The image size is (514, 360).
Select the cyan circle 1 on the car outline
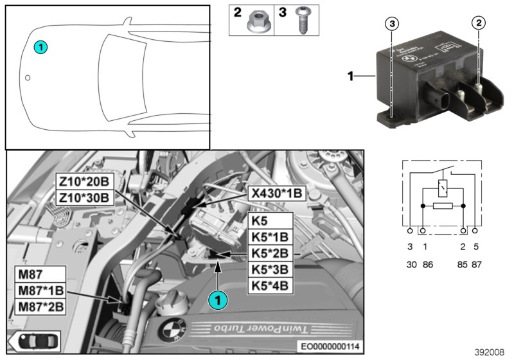[x=40, y=46]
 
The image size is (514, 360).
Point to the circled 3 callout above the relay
[x=393, y=24]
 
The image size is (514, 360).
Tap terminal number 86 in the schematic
[x=425, y=264]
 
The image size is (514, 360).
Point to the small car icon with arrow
[x=25, y=341]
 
